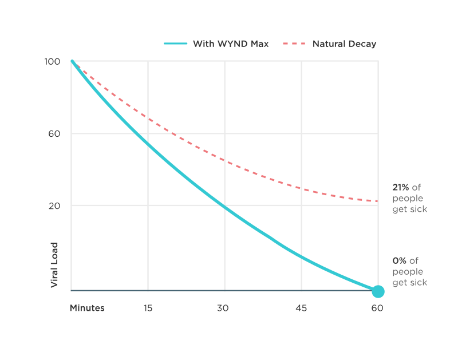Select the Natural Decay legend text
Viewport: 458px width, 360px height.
pyautogui.click(x=344, y=43)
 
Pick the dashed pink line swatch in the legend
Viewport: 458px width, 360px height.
pyautogui.click(x=295, y=43)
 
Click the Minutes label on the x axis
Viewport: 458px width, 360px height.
pyautogui.click(x=87, y=308)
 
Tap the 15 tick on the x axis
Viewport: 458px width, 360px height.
pyautogui.click(x=148, y=308)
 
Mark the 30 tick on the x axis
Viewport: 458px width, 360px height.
pyautogui.click(x=224, y=308)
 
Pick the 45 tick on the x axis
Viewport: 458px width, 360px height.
pyautogui.click(x=301, y=308)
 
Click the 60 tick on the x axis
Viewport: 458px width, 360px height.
pyautogui.click(x=377, y=308)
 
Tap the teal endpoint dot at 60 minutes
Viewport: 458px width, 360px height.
pyautogui.click(x=378, y=291)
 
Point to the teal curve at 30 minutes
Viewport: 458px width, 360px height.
pyautogui.click(x=224, y=206)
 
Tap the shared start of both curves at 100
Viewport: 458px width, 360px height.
pyautogui.click(x=71, y=61)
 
